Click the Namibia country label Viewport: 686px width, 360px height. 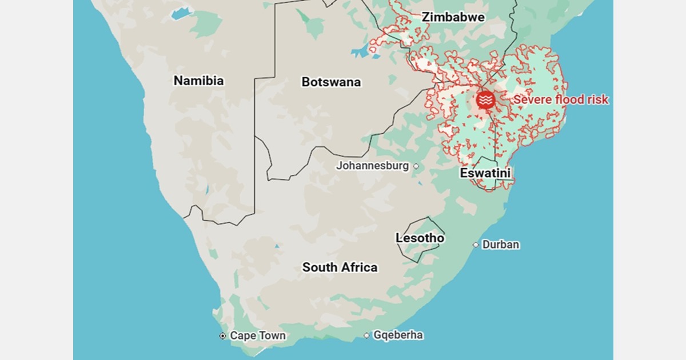[x=198, y=81]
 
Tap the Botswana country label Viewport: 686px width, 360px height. [x=331, y=82]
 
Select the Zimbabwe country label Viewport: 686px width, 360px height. [x=453, y=17]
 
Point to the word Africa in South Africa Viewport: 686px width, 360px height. [x=360, y=267]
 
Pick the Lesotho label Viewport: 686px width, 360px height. [x=420, y=238]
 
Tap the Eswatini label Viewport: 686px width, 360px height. [x=485, y=173]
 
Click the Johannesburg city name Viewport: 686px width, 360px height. [x=372, y=166]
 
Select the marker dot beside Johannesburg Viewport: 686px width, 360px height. [x=416, y=166]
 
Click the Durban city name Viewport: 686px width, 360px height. [x=501, y=245]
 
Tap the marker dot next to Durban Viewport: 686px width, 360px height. [x=476, y=245]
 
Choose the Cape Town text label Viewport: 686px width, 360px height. [x=257, y=336]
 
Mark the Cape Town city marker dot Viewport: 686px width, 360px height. [x=223, y=336]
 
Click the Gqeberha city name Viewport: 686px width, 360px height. [x=398, y=335]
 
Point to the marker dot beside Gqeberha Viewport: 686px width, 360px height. [x=366, y=335]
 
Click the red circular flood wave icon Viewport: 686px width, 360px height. [x=485, y=100]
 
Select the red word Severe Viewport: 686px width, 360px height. [x=532, y=100]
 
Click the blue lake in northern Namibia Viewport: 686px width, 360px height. [x=181, y=13]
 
